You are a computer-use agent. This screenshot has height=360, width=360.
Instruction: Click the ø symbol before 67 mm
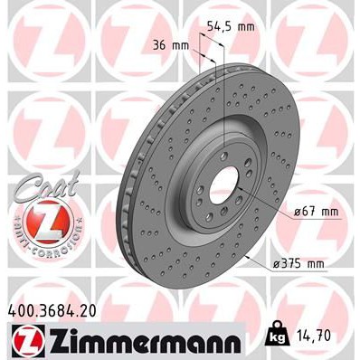pyautogui.click(x=298, y=212)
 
